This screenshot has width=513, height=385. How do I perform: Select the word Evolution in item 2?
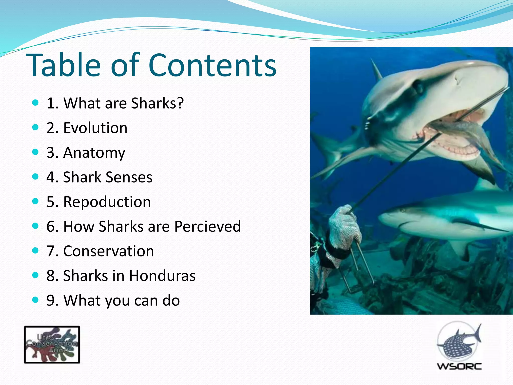tap(95, 128)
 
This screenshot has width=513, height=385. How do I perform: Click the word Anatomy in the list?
tap(94, 153)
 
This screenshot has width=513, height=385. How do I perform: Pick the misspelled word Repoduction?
tap(107, 202)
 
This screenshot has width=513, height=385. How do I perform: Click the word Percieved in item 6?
tap(207, 226)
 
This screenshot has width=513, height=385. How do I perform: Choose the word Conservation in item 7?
tap(108, 251)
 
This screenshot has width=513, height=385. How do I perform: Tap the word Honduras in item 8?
tap(162, 276)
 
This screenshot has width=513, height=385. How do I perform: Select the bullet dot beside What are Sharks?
tap(36, 103)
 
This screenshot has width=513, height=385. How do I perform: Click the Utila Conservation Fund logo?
tap(52, 345)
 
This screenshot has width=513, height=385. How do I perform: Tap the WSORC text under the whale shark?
tap(459, 366)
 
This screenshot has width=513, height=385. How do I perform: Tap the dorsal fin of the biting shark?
tap(376, 70)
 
